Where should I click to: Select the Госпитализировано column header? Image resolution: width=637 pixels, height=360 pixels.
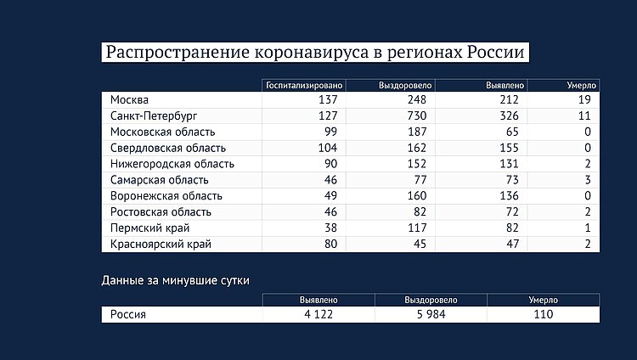[304, 86]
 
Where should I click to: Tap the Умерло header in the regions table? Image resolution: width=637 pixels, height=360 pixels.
[582, 86]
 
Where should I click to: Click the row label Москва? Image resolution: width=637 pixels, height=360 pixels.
[129, 100]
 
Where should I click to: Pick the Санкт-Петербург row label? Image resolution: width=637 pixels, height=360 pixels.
[153, 116]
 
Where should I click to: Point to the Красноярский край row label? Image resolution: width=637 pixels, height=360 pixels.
[161, 245]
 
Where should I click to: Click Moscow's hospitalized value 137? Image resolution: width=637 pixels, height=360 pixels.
[329, 100]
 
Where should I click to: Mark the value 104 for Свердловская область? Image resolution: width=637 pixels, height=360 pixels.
[329, 148]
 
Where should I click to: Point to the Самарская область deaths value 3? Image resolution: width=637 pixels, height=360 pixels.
[587, 180]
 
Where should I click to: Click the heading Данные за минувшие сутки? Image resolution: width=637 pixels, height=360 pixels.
[176, 279]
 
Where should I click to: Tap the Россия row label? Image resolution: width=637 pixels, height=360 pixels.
[128, 314]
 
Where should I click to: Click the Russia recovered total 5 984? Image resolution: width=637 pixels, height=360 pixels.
[431, 314]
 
